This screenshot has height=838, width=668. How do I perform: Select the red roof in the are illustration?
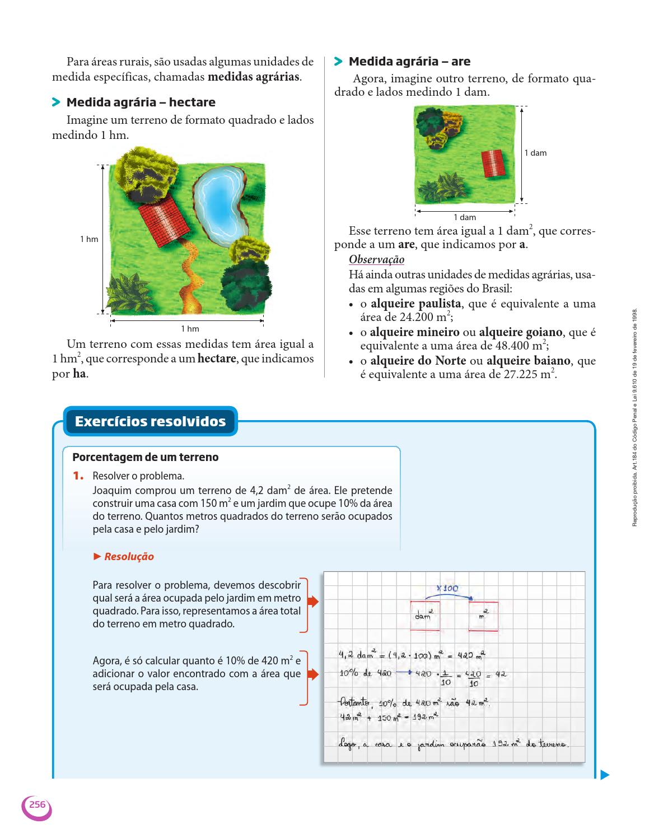tap(493, 163)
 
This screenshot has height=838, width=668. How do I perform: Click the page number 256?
tap(37, 804)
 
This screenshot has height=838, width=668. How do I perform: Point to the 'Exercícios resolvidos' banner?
tap(150, 421)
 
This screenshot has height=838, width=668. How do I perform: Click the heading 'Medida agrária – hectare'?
tap(141, 103)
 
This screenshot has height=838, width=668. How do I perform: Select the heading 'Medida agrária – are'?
tap(409, 62)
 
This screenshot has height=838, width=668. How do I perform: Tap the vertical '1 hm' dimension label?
tap(89, 239)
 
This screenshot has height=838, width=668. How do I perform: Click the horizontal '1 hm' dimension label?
tap(190, 329)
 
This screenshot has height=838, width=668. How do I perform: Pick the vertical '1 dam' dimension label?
tap(535, 153)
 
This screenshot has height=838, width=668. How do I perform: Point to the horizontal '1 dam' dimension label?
tap(465, 217)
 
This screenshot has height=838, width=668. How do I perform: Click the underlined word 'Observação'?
tap(376, 260)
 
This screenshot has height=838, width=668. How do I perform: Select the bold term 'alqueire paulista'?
tap(416, 304)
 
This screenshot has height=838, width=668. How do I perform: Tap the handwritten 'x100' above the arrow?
tap(447, 588)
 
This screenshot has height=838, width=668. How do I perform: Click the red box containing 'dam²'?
tap(425, 616)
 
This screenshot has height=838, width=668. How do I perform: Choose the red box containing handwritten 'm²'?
tap(483, 616)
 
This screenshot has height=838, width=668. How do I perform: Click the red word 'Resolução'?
tap(129, 557)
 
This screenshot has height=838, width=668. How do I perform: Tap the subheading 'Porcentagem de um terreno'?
tap(146, 457)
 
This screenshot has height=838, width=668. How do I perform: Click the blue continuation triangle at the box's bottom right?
tap(604, 775)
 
